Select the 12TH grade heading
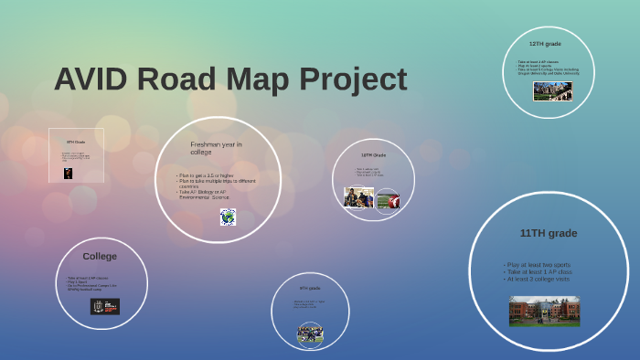pyautogui.click(x=545, y=43)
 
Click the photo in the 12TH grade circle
pyautogui.click(x=552, y=91)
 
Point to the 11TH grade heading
pyautogui.click(x=549, y=233)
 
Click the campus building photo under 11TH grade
pyautogui.click(x=544, y=311)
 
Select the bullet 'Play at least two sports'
pyautogui.click(x=538, y=264)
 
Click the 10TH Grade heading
pyautogui.click(x=373, y=155)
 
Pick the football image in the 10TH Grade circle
pyautogui.click(x=388, y=200)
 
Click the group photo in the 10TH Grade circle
pyautogui.click(x=358, y=197)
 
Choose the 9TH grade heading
pyautogui.click(x=310, y=288)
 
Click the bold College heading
pyautogui.click(x=100, y=256)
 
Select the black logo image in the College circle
pyautogui.click(x=104, y=306)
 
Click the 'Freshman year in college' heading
pyautogui.click(x=216, y=148)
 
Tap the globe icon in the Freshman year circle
pyautogui.click(x=228, y=217)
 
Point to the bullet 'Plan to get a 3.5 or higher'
pyautogui.click(x=207, y=175)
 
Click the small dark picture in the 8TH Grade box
pyautogui.click(x=68, y=173)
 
